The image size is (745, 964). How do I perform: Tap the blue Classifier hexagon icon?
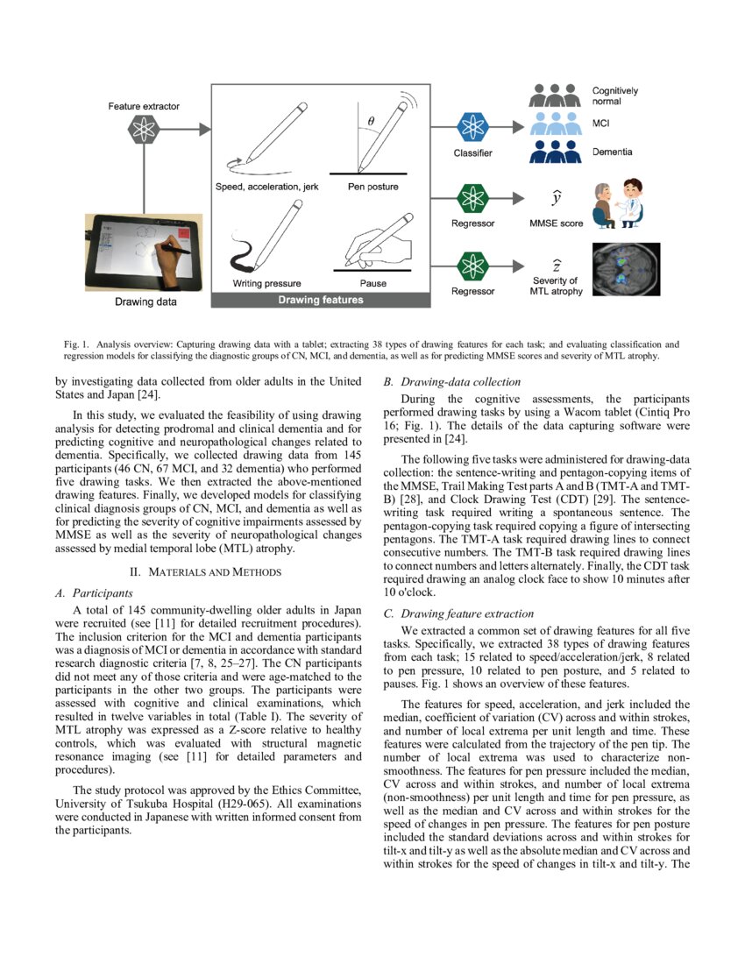click(x=473, y=127)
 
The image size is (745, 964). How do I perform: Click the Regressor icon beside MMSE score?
click(x=473, y=195)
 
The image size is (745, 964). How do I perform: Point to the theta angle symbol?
click(x=371, y=122)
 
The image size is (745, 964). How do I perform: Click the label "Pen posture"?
click(x=372, y=188)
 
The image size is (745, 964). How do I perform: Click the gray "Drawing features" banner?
click(x=320, y=300)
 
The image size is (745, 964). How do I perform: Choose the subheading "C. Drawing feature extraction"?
click(x=459, y=613)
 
